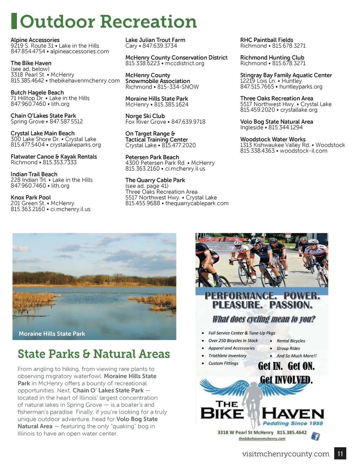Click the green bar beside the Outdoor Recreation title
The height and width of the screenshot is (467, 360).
pos(14,21)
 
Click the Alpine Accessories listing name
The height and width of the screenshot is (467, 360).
pos(35,40)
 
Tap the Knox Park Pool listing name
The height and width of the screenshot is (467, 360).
pos(31,197)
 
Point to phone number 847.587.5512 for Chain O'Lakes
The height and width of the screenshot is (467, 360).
pos(66,122)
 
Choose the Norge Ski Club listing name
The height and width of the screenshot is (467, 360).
pos(145,116)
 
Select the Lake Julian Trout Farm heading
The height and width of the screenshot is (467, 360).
pos(155,40)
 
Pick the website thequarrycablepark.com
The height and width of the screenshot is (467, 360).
pos(197,203)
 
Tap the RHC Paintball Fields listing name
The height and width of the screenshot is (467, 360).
pos(266,40)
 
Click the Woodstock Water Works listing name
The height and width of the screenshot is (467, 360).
pos(273,140)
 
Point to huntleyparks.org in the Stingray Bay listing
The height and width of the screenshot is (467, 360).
pos(301,86)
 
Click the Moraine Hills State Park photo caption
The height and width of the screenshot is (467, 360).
pos(52,334)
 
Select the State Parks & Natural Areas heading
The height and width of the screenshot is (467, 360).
pos(94,354)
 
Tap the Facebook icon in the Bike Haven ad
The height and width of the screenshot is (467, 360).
pos(315,436)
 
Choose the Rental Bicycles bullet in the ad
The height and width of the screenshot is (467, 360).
pos(291,341)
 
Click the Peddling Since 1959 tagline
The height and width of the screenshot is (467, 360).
pos(292,423)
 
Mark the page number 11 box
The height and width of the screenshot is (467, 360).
pos(340,454)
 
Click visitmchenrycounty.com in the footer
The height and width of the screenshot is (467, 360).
pos(285,454)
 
